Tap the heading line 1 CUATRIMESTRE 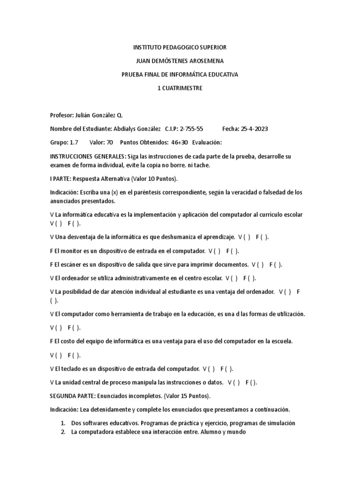pyautogui.click(x=180, y=88)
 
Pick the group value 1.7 pyautogui.click(x=74, y=142)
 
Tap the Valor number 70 pyautogui.click(x=110, y=142)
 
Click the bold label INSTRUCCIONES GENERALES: pyautogui.click(x=87, y=156)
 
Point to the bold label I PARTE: pyautogui.click(x=60, y=179)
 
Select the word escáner pyautogui.click(x=73, y=264)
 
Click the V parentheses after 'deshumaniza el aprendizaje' pyautogui.click(x=244, y=237)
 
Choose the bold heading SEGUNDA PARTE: pyautogui.click(x=72, y=396)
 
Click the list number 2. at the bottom pyautogui.click(x=63, y=432)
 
